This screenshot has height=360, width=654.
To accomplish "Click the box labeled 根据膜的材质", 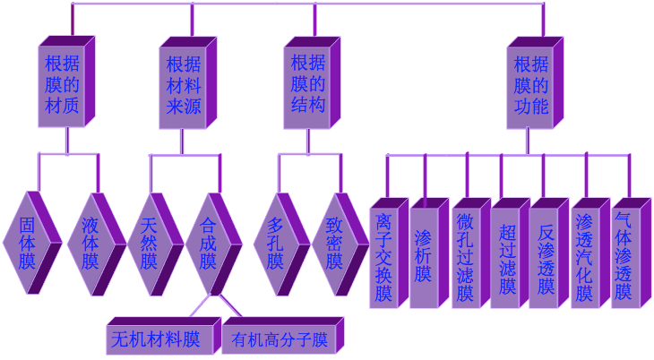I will tap(62, 85).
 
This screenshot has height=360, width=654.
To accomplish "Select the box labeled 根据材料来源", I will tap(184, 85).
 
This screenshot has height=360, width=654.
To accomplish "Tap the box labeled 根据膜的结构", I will tap(307, 85).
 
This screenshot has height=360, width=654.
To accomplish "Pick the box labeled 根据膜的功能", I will tap(530, 85).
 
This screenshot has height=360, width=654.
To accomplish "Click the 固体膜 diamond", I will tap(27, 243).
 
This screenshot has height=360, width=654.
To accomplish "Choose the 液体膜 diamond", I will tap(90, 243).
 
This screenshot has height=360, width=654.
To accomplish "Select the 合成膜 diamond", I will tap(209, 243).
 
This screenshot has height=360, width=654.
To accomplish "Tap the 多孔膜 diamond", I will tap(275, 243).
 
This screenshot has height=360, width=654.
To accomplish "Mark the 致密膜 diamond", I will tap(334, 243).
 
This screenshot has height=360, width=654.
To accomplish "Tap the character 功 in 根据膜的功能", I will tap(521, 107).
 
